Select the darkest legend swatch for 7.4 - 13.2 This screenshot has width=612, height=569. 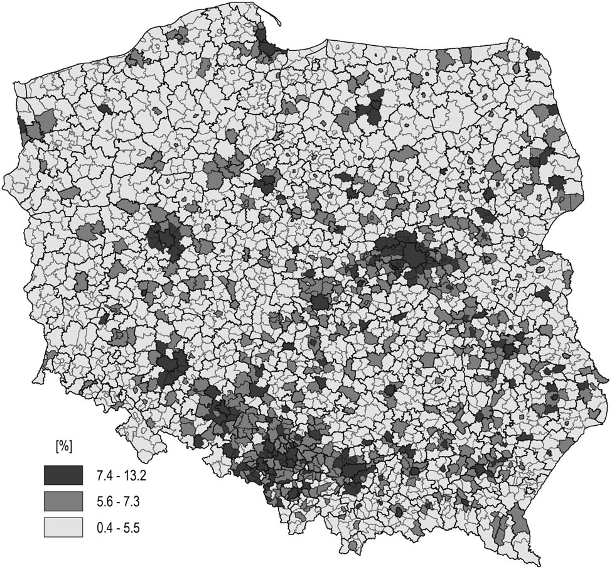(63, 475)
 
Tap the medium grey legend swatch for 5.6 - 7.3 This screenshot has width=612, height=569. (63, 501)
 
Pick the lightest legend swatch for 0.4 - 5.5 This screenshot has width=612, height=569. (63, 528)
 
